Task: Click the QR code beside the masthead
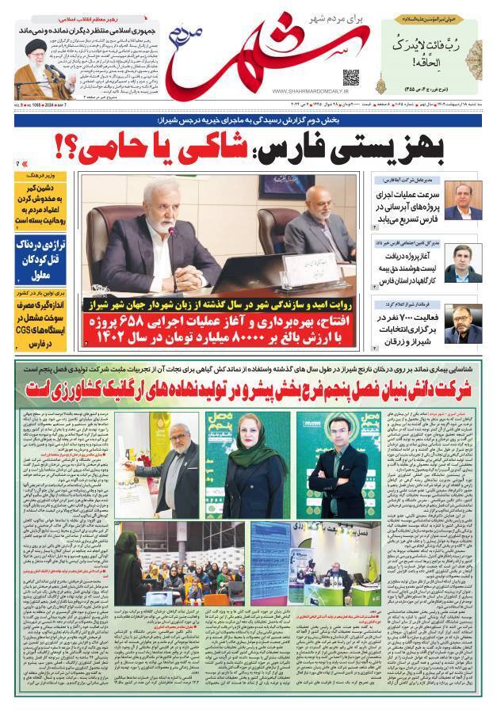pos(350,77)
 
